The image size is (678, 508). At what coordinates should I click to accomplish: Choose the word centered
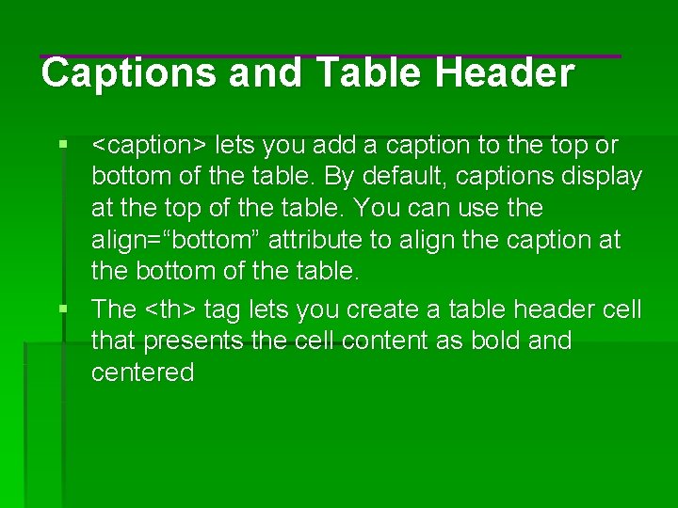(x=142, y=373)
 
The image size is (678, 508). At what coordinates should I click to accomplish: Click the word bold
(x=491, y=341)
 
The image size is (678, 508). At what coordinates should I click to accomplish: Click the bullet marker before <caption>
(x=62, y=146)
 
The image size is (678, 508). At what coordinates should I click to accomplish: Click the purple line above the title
(x=330, y=56)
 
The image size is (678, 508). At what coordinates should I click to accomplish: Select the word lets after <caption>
(x=234, y=146)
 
